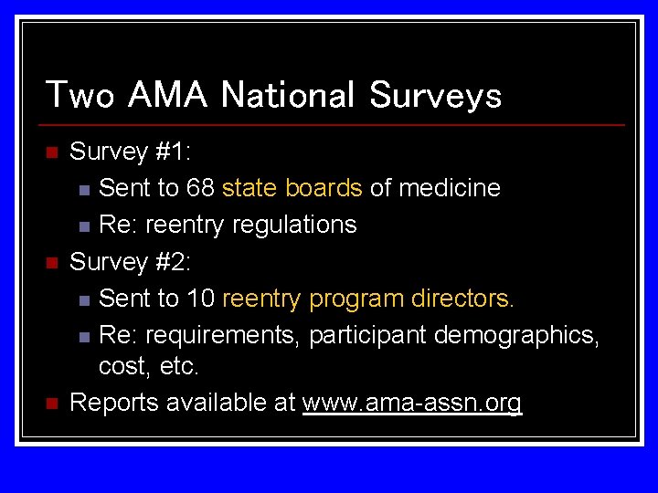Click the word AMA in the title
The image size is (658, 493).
169,95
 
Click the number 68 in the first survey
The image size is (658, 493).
201,188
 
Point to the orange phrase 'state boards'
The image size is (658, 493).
292,188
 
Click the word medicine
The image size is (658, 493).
449,188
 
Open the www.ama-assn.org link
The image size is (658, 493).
411,404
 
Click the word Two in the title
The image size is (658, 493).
80,95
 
